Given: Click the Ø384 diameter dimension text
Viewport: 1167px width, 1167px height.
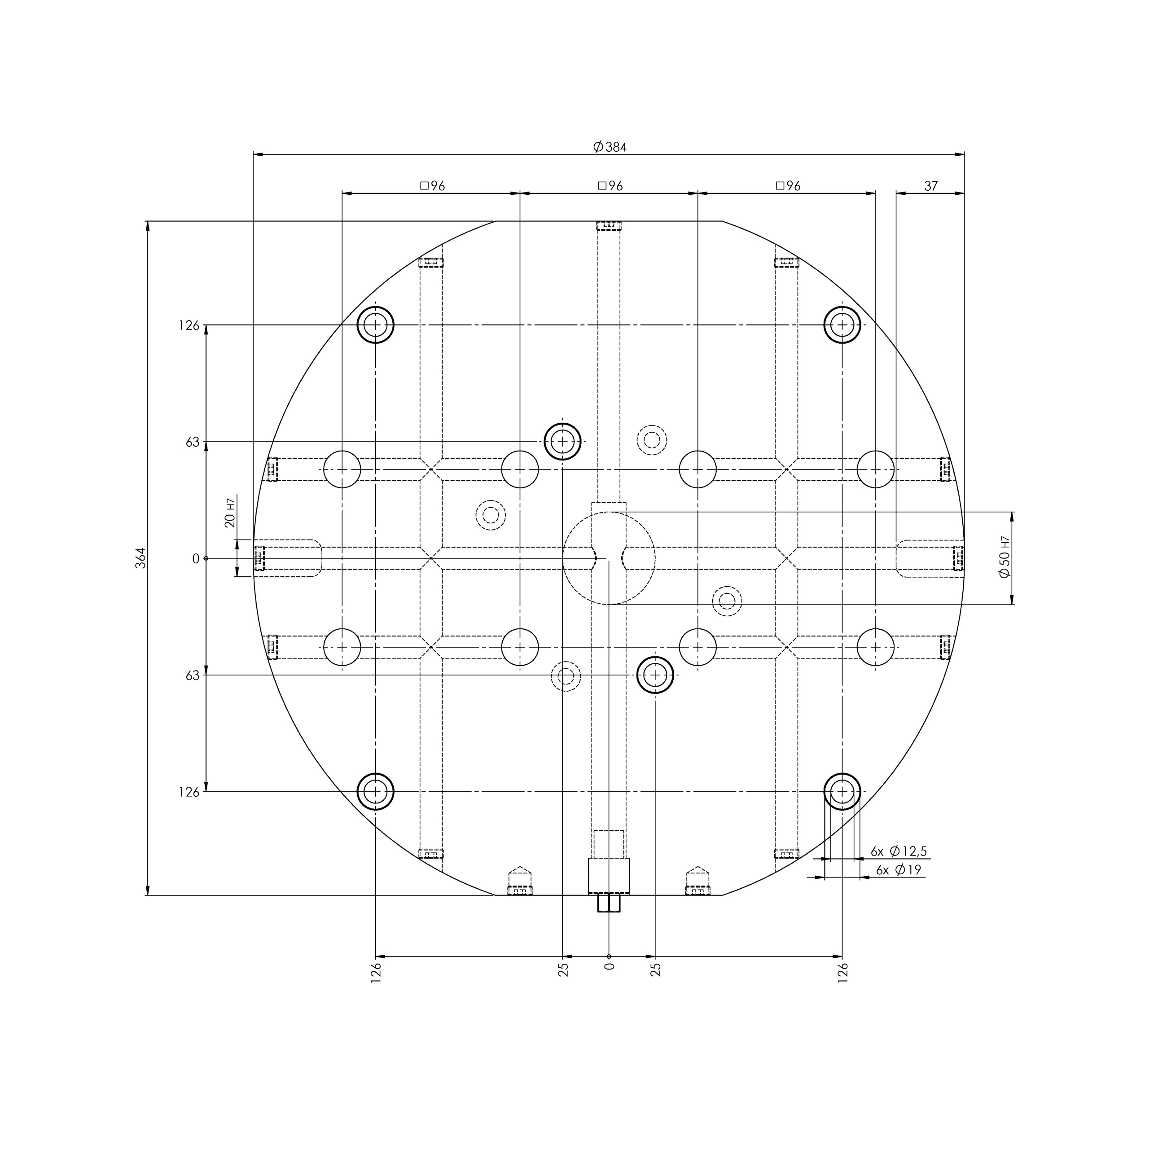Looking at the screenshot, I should (610, 147).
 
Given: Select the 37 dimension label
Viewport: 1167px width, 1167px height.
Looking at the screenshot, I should (931, 186).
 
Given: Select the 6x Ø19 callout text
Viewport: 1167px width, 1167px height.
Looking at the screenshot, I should (898, 870).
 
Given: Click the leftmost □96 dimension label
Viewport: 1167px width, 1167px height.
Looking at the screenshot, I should (433, 186).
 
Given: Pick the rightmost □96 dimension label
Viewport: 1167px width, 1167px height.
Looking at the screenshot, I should (788, 186).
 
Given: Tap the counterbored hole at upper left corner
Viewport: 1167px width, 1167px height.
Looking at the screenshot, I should (376, 325).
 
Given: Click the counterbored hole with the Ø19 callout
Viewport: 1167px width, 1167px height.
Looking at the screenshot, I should (842, 791).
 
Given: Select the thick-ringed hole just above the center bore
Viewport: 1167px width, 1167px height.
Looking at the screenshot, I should (562, 442).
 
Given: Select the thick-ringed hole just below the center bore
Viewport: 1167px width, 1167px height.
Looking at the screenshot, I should (655, 675).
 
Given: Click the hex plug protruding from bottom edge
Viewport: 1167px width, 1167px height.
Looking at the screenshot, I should (609, 903).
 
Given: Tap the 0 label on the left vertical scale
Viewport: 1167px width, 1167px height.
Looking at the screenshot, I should (196, 559).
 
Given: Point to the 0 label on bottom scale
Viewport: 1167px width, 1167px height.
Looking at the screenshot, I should (610, 966).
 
